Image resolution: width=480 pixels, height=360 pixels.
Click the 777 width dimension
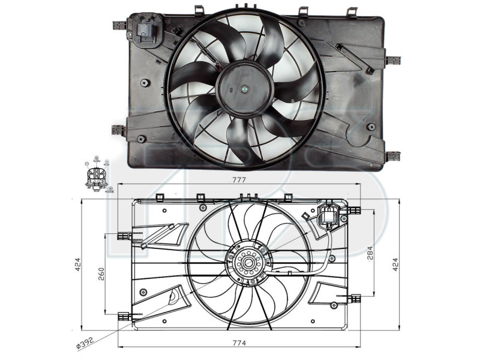tap(239, 180)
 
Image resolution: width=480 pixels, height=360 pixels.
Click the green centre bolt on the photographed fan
tap(245, 89)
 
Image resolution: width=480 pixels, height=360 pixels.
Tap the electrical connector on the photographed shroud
tap(146, 30)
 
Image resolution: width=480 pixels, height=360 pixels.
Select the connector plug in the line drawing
tap(330, 215)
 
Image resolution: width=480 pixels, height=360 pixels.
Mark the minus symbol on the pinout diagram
tap(88, 163)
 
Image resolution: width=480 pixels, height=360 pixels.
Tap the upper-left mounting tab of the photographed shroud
tap(119, 25)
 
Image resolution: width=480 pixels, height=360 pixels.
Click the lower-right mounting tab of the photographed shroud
tap(393, 155)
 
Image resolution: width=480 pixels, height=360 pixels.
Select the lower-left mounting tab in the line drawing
tap(124, 316)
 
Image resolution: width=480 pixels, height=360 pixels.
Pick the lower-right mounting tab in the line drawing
tap(355, 297)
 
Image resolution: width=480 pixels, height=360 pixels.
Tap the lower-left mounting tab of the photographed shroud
tap(118, 130)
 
